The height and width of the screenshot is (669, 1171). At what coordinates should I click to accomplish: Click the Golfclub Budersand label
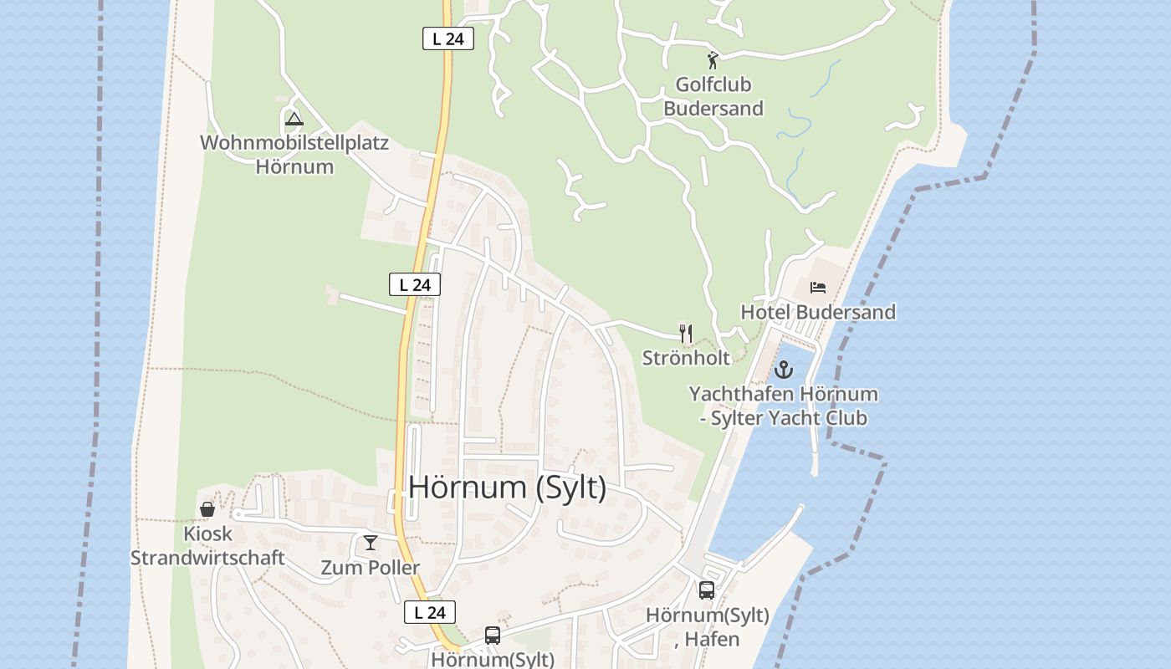713,96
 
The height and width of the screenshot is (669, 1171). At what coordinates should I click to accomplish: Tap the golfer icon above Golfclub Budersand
713,60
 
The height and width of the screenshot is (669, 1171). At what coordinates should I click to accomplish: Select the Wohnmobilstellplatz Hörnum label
294,154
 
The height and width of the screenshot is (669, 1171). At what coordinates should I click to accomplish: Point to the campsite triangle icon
294,120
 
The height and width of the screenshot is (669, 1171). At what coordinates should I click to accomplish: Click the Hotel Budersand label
818,312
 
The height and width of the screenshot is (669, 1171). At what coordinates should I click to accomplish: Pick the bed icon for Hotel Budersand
818,288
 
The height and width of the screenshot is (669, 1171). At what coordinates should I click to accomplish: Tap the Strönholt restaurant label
686,358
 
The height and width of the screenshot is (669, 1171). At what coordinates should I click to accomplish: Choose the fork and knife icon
686,334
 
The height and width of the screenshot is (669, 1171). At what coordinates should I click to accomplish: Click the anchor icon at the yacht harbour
784,369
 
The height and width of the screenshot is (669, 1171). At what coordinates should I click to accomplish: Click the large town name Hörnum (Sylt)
508,487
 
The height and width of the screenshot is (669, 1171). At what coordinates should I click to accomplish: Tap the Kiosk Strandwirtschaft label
207,545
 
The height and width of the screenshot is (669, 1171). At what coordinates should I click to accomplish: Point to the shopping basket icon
207,509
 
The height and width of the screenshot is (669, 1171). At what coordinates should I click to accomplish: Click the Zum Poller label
371,568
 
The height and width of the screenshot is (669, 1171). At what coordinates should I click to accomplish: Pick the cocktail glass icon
371,543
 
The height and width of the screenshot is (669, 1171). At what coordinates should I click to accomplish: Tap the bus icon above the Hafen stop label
707,590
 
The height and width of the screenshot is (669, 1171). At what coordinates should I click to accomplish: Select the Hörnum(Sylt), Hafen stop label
708,627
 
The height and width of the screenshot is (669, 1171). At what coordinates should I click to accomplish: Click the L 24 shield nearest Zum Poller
430,612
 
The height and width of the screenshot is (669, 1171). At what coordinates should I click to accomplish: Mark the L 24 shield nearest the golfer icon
448,38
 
